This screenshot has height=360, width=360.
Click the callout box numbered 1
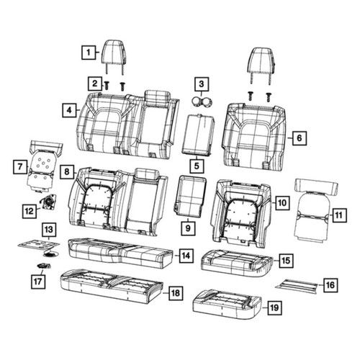click(89, 52)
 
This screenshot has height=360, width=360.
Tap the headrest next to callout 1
click(114, 57)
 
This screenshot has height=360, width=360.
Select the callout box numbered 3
click(202, 84)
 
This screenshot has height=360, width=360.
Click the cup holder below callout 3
click(202, 102)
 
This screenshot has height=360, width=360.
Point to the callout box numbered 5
click(197, 166)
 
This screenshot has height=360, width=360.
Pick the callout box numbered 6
click(300, 138)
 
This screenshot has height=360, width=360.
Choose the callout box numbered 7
click(20, 166)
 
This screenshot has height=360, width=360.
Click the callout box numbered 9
click(188, 228)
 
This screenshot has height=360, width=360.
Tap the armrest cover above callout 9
click(190, 196)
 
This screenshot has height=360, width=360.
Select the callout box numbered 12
click(30, 211)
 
